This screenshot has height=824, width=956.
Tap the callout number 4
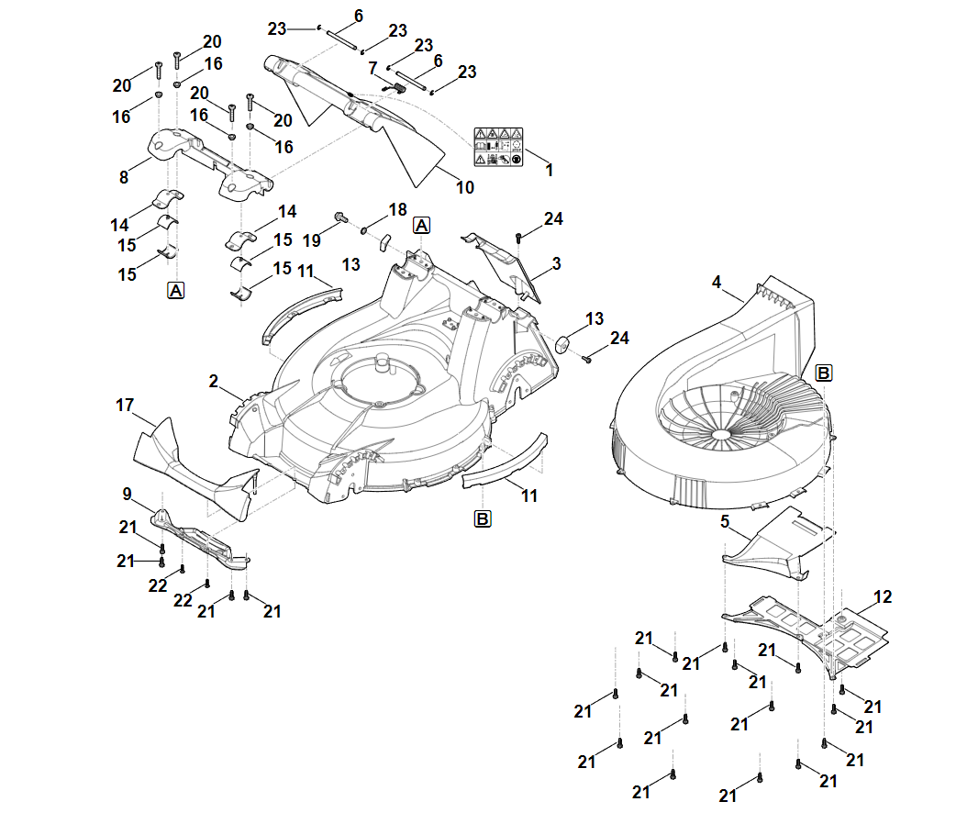(x=717, y=283)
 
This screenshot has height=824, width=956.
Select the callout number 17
(x=126, y=405)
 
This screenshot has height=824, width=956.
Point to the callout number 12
(x=882, y=597)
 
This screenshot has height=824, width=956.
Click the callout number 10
(x=465, y=187)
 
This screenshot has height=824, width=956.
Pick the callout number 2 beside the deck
(x=214, y=381)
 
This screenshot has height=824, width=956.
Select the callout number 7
(x=372, y=68)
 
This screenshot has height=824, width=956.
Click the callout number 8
(x=124, y=177)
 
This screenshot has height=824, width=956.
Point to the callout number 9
(x=127, y=493)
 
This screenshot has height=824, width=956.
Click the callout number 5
(x=725, y=522)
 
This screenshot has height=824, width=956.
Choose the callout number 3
(x=556, y=263)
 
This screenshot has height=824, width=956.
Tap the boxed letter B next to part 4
(x=824, y=373)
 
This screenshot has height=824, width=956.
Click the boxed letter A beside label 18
(x=421, y=225)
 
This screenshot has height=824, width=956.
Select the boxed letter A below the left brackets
(x=175, y=290)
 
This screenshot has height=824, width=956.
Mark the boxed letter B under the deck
(x=483, y=518)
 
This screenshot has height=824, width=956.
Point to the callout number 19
(x=312, y=240)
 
